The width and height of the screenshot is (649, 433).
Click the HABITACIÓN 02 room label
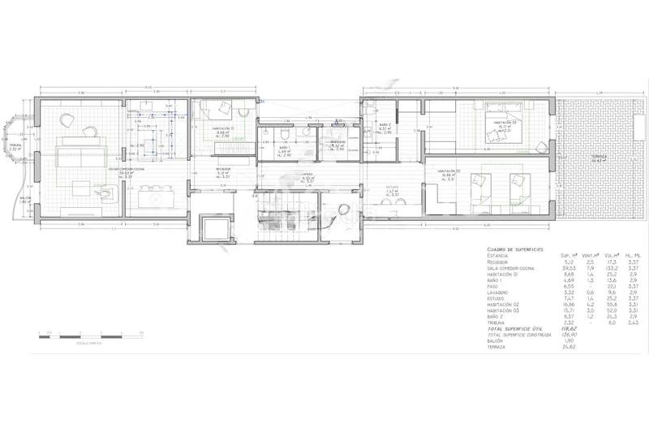pos(449,171)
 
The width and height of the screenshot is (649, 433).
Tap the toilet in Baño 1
pos(285,134)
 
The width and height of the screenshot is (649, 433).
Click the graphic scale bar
pos(89,333)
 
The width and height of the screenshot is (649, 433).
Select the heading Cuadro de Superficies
pos(515,249)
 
